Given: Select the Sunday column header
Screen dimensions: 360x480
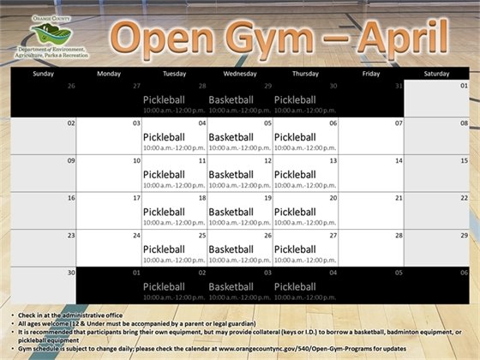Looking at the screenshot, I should click(43, 75).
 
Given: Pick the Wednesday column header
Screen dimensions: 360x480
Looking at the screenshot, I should click(240, 75).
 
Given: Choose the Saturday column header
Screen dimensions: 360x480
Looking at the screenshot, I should click(437, 75).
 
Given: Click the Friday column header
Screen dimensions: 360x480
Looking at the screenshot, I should click(371, 75).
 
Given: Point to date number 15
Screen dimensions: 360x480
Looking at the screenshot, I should click(464, 161).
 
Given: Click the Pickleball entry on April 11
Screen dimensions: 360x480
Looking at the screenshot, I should click(164, 175).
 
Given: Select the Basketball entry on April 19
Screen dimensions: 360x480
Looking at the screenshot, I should click(230, 212).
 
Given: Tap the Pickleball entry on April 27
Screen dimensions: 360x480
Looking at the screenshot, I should click(296, 249).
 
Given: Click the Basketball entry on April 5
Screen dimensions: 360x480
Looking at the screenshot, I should click(230, 137).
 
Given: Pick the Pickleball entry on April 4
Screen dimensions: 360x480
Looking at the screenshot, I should click(164, 137).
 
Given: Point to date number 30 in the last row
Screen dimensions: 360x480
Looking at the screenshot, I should click(71, 273).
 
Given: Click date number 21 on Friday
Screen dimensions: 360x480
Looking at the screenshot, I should click(398, 198).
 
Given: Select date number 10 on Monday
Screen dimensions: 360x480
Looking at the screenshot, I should click(136, 161).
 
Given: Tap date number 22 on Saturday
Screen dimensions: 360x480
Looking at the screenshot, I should click(464, 198).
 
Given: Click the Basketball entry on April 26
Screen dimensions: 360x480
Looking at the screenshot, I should click(230, 249).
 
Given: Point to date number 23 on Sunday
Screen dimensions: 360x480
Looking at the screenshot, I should click(71, 236).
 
